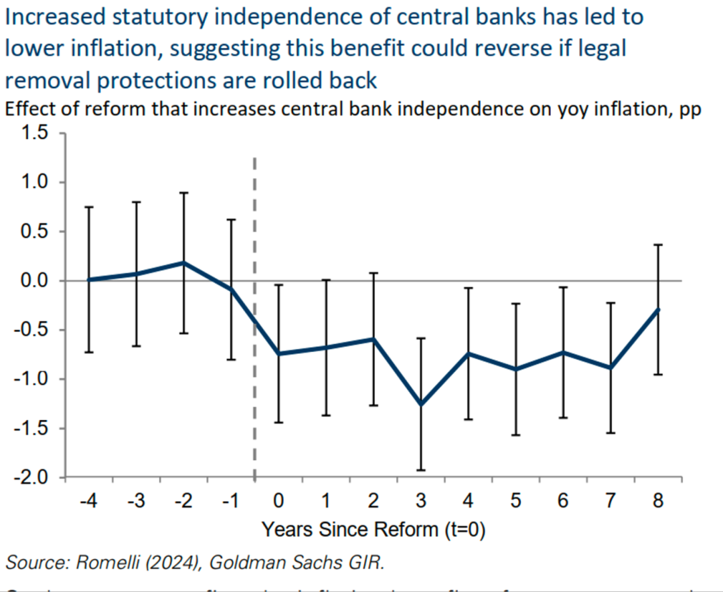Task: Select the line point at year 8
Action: point(658,309)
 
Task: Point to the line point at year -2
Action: point(183,263)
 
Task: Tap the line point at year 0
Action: point(278,353)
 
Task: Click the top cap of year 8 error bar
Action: point(658,245)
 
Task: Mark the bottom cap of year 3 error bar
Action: point(421,470)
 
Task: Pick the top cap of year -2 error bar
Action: point(183,193)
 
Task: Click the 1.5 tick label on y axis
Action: point(33,133)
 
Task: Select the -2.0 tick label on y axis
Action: point(31,478)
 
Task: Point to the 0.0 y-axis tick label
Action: point(33,281)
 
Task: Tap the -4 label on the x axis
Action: point(88,500)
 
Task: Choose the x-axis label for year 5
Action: point(515,500)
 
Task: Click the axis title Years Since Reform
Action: point(373,530)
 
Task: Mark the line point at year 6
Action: point(563,352)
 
